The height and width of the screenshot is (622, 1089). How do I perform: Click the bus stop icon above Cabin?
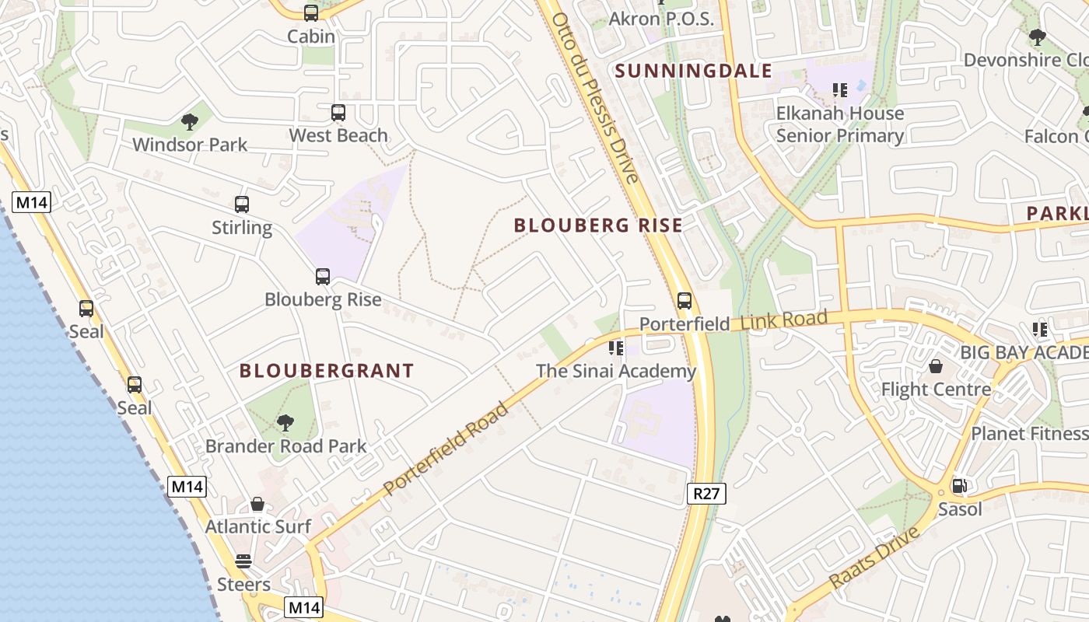tap(311, 12)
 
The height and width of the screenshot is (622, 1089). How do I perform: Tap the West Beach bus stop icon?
tap(338, 113)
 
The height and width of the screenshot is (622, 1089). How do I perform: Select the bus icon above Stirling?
tap(242, 204)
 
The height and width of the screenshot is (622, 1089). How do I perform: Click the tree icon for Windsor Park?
tap(189, 121)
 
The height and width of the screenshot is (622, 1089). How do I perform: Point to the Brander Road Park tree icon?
tap(285, 423)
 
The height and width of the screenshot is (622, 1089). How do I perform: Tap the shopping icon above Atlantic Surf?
tap(257, 504)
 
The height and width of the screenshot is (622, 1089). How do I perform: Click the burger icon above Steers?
tap(243, 561)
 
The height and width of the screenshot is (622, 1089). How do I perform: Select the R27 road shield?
tap(706, 493)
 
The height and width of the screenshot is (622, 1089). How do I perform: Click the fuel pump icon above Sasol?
tap(960, 487)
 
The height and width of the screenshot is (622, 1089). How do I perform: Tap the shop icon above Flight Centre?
tap(936, 366)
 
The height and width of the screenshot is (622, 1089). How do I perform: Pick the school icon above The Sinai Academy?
tap(616, 348)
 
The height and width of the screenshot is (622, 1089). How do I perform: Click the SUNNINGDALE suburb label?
tap(694, 72)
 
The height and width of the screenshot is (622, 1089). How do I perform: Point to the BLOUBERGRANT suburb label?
tap(327, 371)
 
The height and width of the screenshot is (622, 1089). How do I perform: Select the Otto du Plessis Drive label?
tap(596, 97)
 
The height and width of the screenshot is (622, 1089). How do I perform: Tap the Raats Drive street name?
tap(874, 557)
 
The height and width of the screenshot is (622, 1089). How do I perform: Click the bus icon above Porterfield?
tap(685, 301)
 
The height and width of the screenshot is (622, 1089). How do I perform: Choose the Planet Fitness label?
tap(1028, 433)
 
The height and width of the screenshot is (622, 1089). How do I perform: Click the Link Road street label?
tap(784, 320)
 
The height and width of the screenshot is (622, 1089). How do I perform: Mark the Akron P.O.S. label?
tap(661, 19)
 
